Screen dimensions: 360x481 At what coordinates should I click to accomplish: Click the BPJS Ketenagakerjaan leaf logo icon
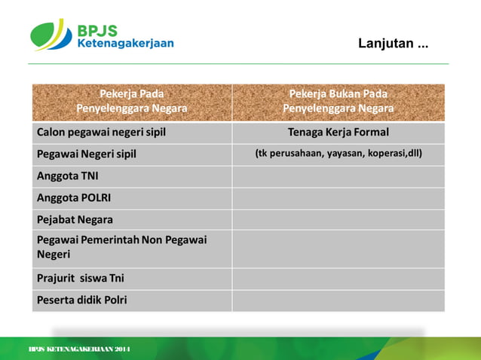[51, 35]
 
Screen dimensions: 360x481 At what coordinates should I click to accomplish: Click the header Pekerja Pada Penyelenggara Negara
[132, 102]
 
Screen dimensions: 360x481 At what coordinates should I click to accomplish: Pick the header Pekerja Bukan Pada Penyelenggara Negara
[338, 102]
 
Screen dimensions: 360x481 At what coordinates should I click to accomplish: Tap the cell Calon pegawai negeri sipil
[101, 133]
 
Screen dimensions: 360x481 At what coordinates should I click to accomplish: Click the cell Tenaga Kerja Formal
[338, 133]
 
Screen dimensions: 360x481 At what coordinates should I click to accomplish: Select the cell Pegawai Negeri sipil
[87, 154]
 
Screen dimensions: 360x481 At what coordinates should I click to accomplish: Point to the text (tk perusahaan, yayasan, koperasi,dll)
[338, 154]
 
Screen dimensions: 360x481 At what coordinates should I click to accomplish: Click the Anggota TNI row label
[68, 176]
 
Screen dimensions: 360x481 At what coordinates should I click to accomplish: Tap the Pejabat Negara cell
[75, 220]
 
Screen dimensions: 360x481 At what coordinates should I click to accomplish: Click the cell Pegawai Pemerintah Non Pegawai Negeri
[121, 247]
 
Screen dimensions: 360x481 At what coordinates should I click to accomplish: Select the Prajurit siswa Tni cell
[81, 278]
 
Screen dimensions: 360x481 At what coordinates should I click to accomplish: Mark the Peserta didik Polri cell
[81, 300]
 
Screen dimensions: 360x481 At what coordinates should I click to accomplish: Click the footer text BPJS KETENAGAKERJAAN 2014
[79, 350]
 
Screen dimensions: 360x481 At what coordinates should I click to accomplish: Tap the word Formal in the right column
[369, 133]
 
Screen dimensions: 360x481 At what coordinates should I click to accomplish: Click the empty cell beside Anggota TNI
[338, 176]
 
